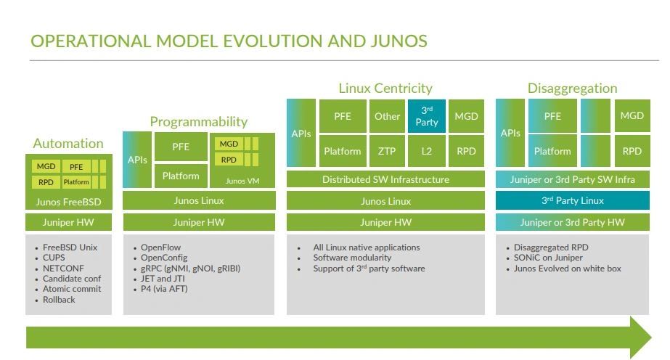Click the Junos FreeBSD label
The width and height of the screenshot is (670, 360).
click(x=68, y=202)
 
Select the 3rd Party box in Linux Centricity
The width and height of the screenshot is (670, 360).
click(x=426, y=116)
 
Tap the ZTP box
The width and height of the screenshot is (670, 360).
click(x=387, y=151)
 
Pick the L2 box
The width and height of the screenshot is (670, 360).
click(x=426, y=151)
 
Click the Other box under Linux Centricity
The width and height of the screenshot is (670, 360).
click(x=387, y=116)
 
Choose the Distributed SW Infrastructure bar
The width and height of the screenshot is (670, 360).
click(x=385, y=179)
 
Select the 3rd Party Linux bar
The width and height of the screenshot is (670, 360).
click(x=573, y=201)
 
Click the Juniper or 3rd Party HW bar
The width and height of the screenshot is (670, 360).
click(x=573, y=223)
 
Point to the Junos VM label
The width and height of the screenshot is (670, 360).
click(x=242, y=181)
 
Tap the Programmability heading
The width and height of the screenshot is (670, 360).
click(x=199, y=122)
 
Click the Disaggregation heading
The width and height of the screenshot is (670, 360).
click(x=573, y=88)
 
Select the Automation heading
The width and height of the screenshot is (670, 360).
click(x=68, y=143)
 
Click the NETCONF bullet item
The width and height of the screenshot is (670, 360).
click(x=63, y=268)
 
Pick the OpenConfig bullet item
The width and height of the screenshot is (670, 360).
click(x=164, y=258)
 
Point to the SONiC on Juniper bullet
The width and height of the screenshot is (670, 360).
click(x=548, y=258)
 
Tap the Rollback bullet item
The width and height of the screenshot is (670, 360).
click(x=59, y=300)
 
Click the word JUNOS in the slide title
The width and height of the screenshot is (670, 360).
click(x=399, y=41)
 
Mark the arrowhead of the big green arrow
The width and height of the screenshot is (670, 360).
click(x=641, y=337)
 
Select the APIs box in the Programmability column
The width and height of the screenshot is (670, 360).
click(x=137, y=160)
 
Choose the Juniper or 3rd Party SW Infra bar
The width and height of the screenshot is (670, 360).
click(x=573, y=179)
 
